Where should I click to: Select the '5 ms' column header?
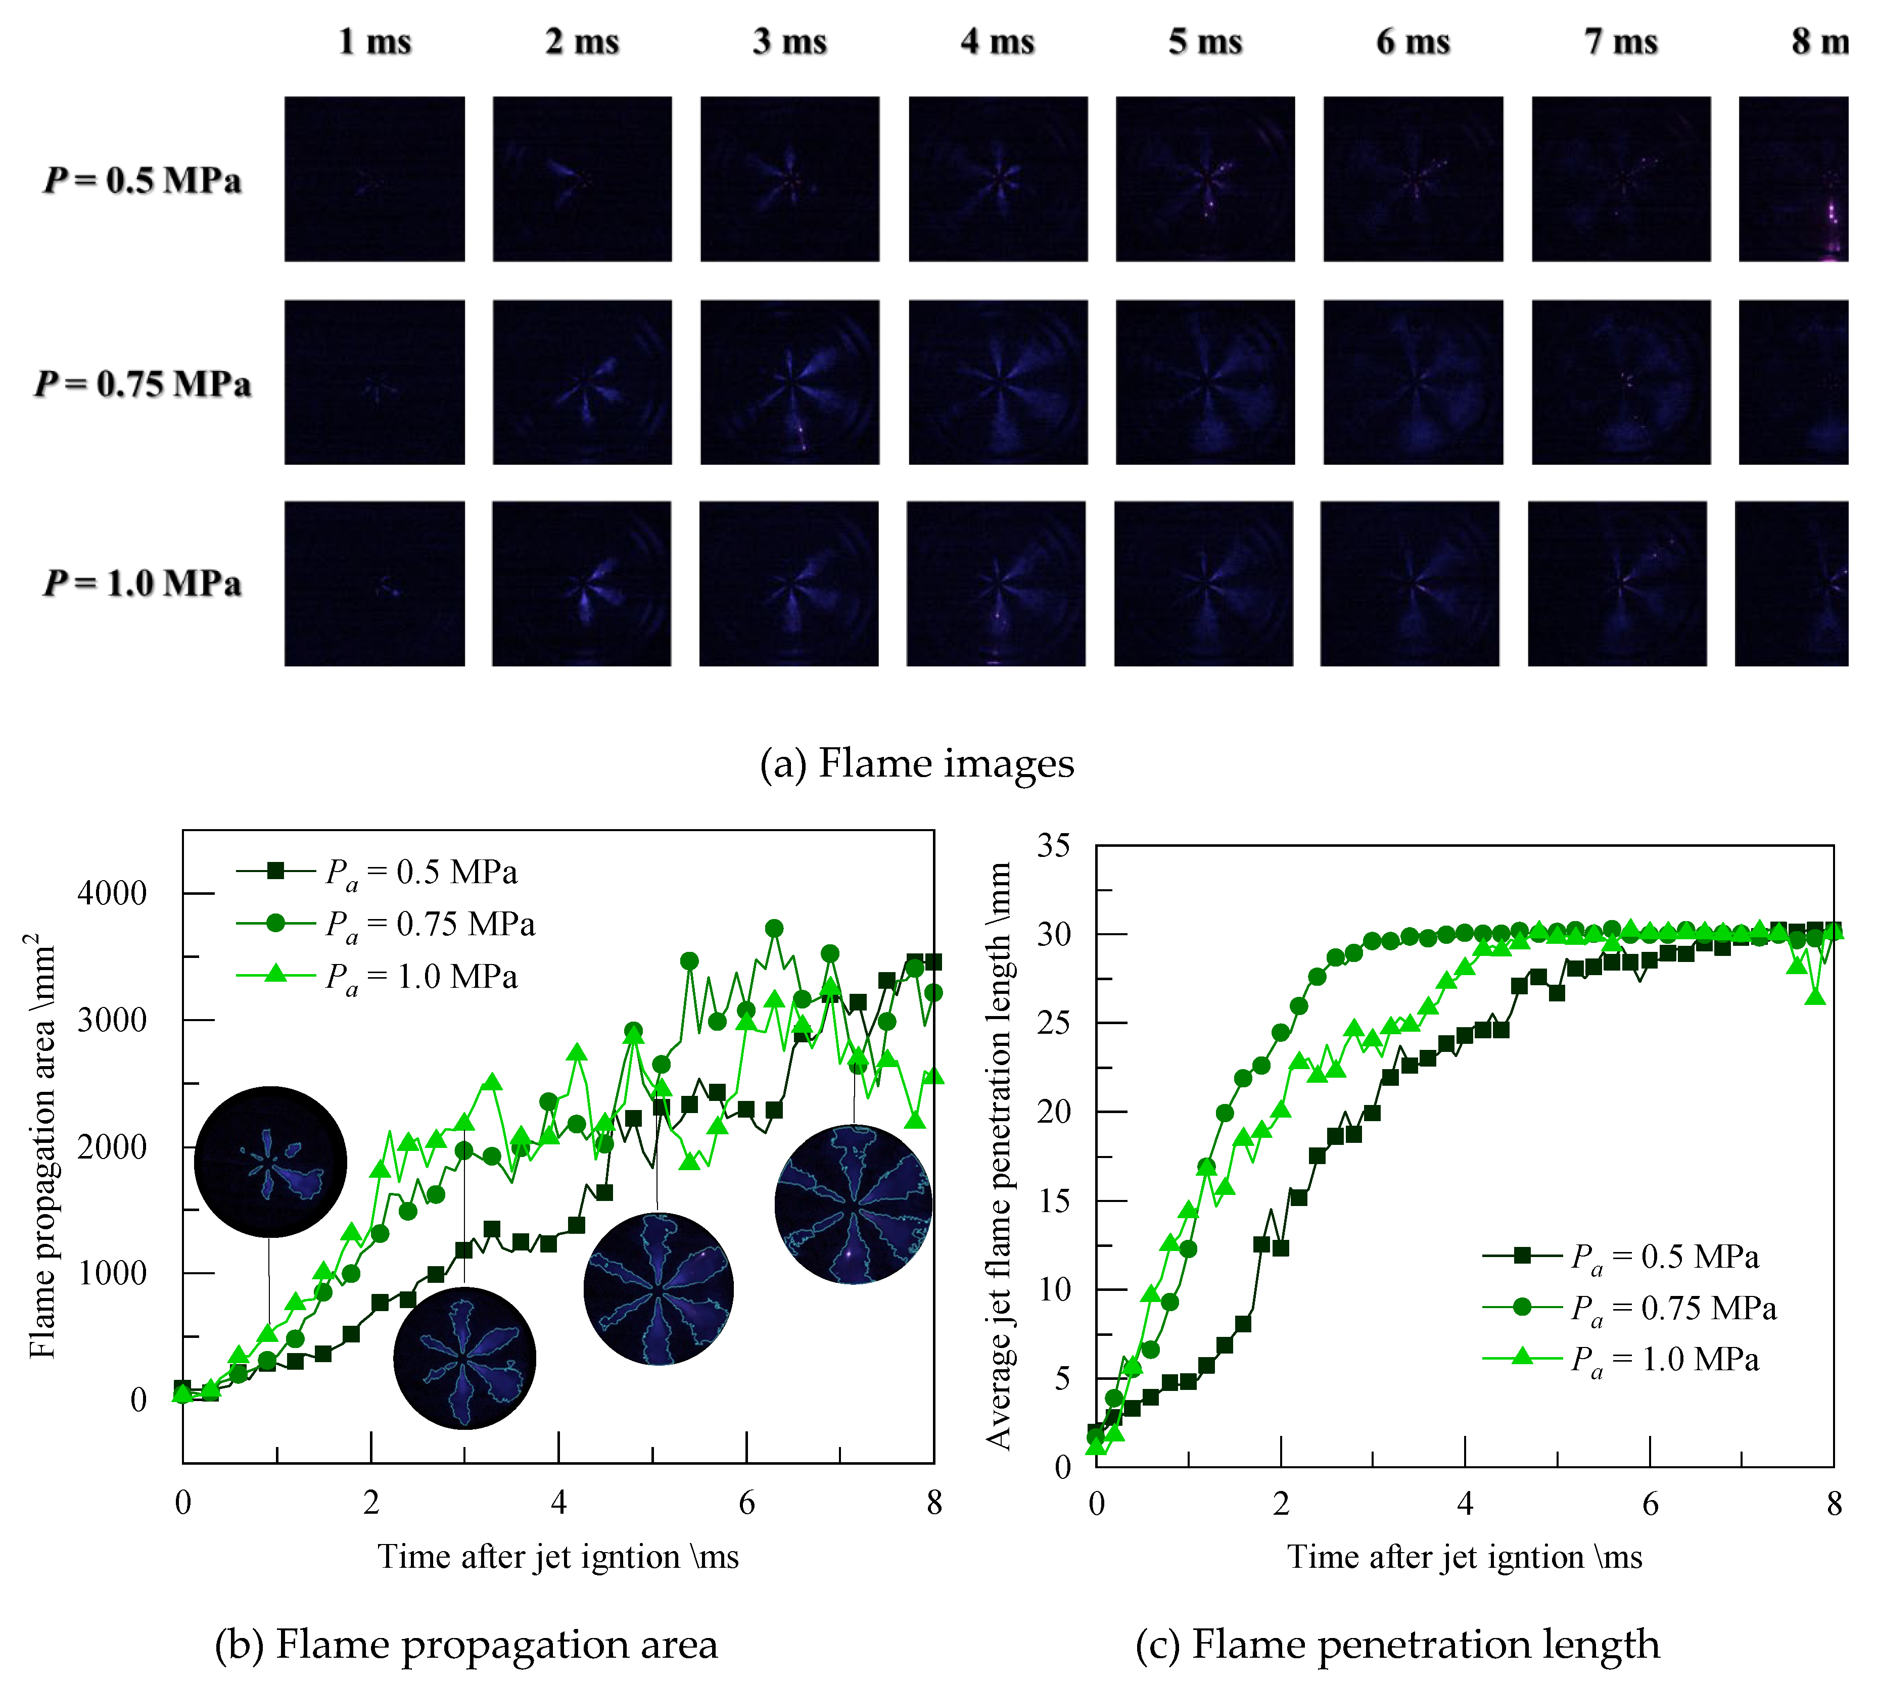click(x=1205, y=41)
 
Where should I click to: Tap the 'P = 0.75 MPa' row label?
click(x=143, y=383)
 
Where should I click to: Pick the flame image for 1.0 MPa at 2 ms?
click(x=582, y=583)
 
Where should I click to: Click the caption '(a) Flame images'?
click(x=917, y=764)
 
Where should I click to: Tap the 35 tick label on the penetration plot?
click(x=1054, y=845)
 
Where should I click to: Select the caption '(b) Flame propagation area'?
click(x=466, y=1644)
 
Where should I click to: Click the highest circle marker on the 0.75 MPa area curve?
click(x=774, y=929)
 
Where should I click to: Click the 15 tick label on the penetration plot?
click(x=1054, y=1201)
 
